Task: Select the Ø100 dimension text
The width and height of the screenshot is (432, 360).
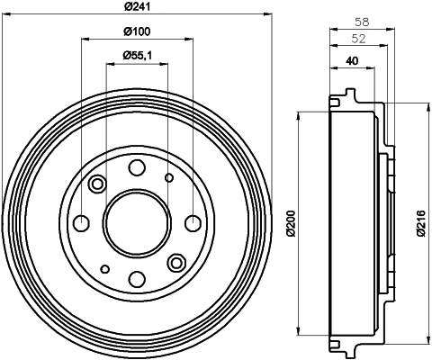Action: tap(138, 33)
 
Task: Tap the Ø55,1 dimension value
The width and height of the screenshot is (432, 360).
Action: tap(138, 57)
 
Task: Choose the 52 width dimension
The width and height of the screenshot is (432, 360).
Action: tap(356, 38)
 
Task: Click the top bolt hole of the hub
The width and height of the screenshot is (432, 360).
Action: tap(137, 166)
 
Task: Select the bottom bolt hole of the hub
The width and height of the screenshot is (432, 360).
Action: tap(137, 278)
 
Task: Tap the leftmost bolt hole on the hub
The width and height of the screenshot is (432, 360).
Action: tap(81, 222)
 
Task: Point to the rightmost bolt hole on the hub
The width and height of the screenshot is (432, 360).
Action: tap(193, 222)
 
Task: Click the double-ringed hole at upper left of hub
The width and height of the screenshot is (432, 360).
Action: tap(97, 184)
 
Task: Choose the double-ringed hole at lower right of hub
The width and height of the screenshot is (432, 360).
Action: tap(176, 262)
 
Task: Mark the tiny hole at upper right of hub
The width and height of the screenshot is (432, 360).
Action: tap(169, 177)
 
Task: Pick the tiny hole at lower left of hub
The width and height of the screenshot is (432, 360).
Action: tap(105, 268)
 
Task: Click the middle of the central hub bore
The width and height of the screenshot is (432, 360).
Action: tap(137, 222)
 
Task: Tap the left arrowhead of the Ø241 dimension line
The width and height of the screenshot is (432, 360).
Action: tap(6, 15)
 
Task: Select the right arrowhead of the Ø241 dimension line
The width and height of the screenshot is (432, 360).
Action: tap(267, 15)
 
